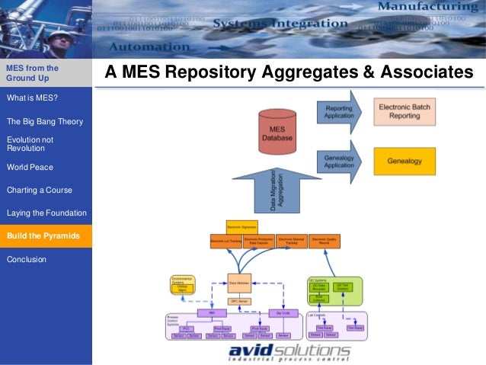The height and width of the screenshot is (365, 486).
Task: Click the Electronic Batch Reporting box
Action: tap(404, 111)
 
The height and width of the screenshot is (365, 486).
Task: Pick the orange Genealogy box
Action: tap(404, 162)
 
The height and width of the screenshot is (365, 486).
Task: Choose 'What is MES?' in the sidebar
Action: tap(32, 98)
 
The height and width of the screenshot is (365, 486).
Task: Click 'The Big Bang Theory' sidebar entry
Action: tap(45, 121)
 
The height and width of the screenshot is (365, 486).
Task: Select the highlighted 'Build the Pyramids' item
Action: tap(43, 236)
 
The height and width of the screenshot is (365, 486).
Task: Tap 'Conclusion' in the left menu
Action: tap(27, 259)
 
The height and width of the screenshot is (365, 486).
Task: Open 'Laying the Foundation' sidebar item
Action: tap(46, 213)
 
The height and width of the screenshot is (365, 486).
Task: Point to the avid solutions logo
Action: tap(289, 352)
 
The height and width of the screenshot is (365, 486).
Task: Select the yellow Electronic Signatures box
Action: tap(242, 226)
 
